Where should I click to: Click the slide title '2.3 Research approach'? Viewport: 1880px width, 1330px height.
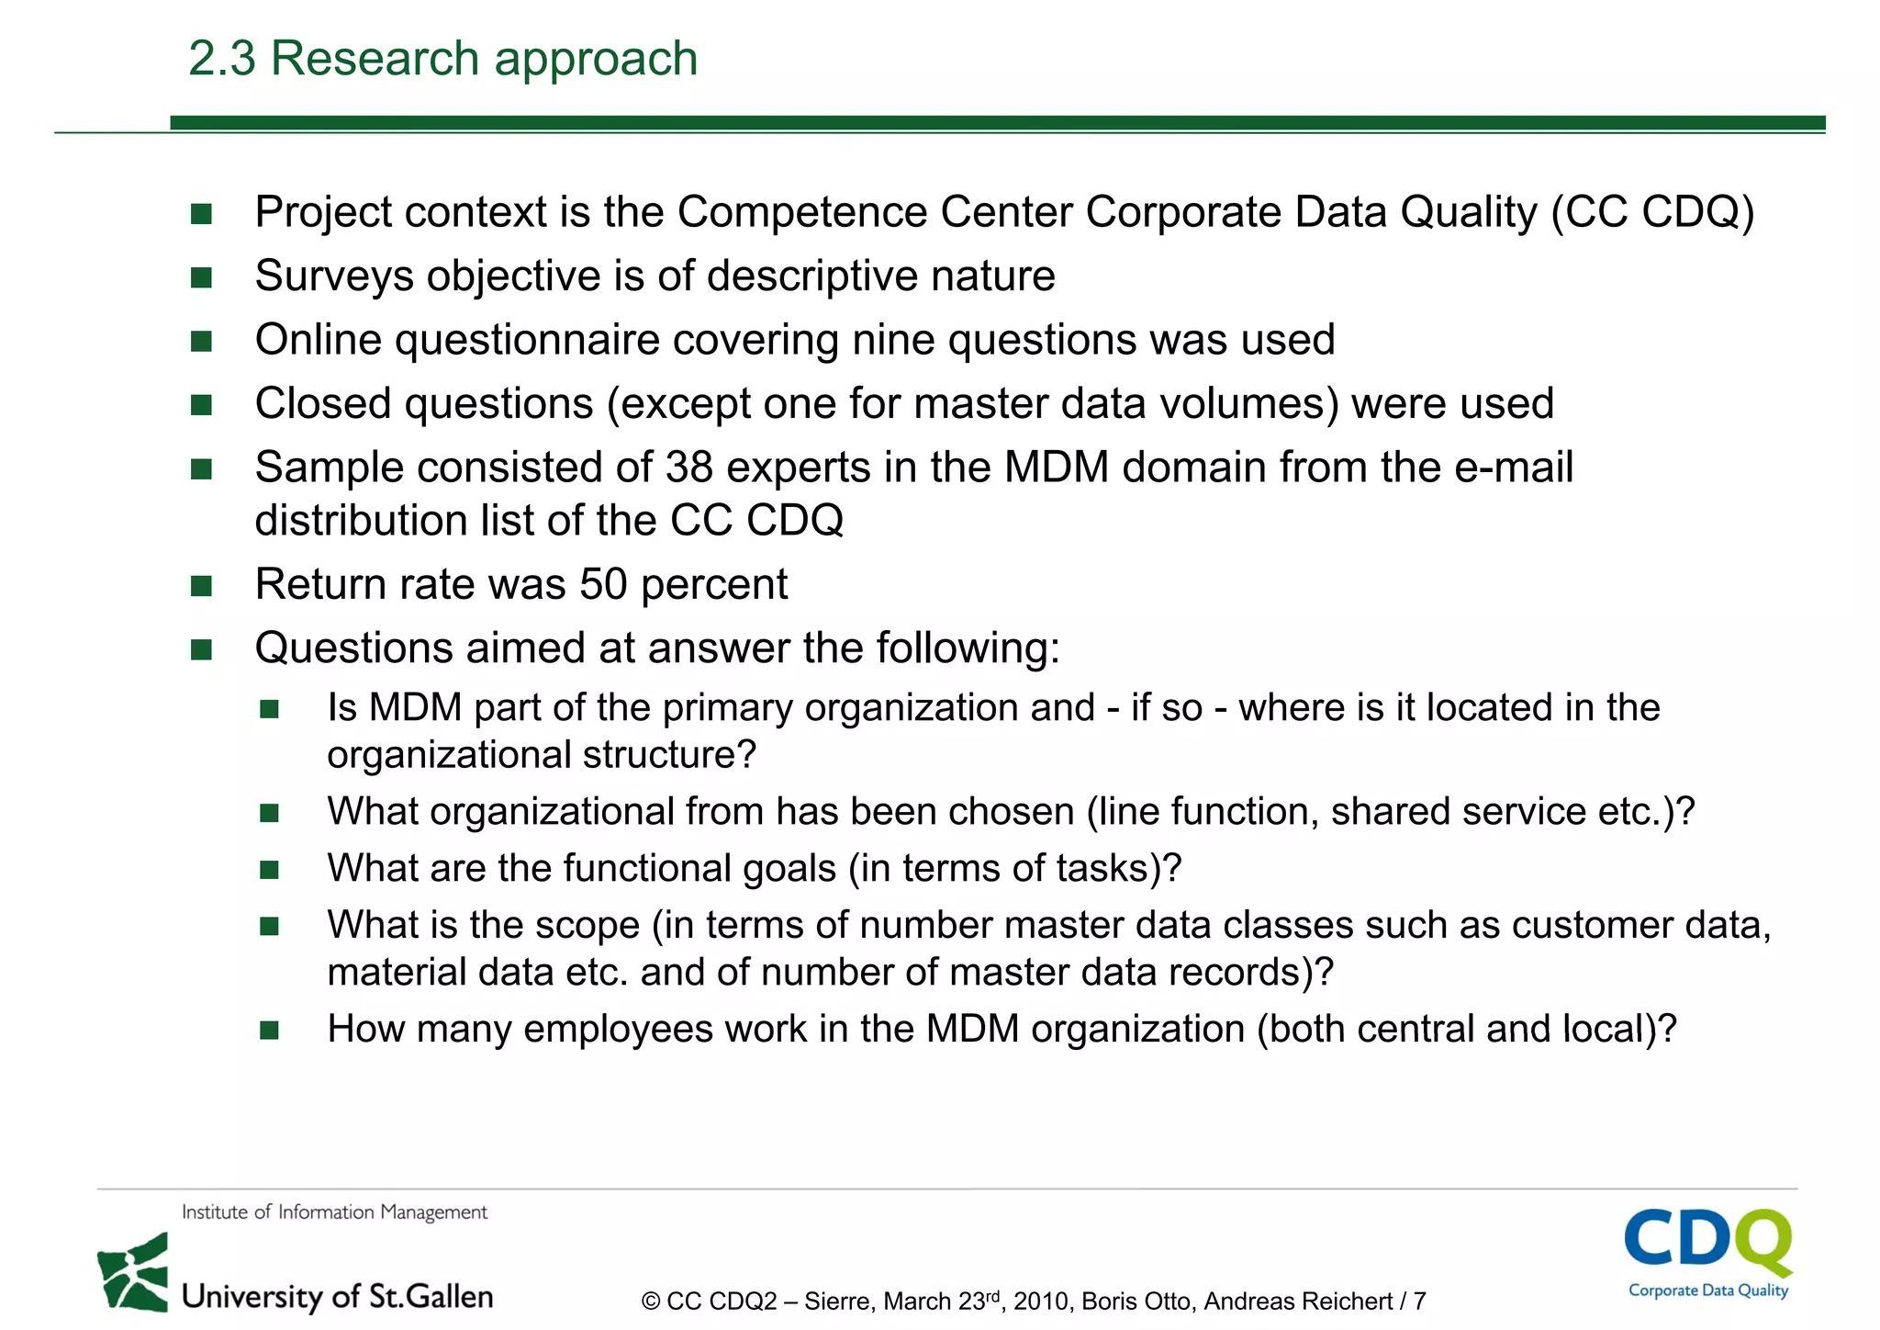[442, 59]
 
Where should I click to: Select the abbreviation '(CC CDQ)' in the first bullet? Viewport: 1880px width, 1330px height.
[1652, 212]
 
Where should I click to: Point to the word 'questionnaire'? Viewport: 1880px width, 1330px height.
[528, 340]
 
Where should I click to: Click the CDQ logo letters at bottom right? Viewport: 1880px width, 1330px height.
[1707, 1239]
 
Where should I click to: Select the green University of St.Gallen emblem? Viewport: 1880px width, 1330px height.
[134, 1273]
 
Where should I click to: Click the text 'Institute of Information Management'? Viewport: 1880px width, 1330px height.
[334, 1212]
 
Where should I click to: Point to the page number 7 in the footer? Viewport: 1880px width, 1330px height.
[1419, 1302]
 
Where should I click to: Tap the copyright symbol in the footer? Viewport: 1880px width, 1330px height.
[651, 1302]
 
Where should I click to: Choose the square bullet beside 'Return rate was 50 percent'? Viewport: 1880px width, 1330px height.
[201, 586]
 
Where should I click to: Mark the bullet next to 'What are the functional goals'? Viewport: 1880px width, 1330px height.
[269, 870]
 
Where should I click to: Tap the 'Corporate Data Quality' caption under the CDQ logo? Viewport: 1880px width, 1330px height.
[1708, 1291]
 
